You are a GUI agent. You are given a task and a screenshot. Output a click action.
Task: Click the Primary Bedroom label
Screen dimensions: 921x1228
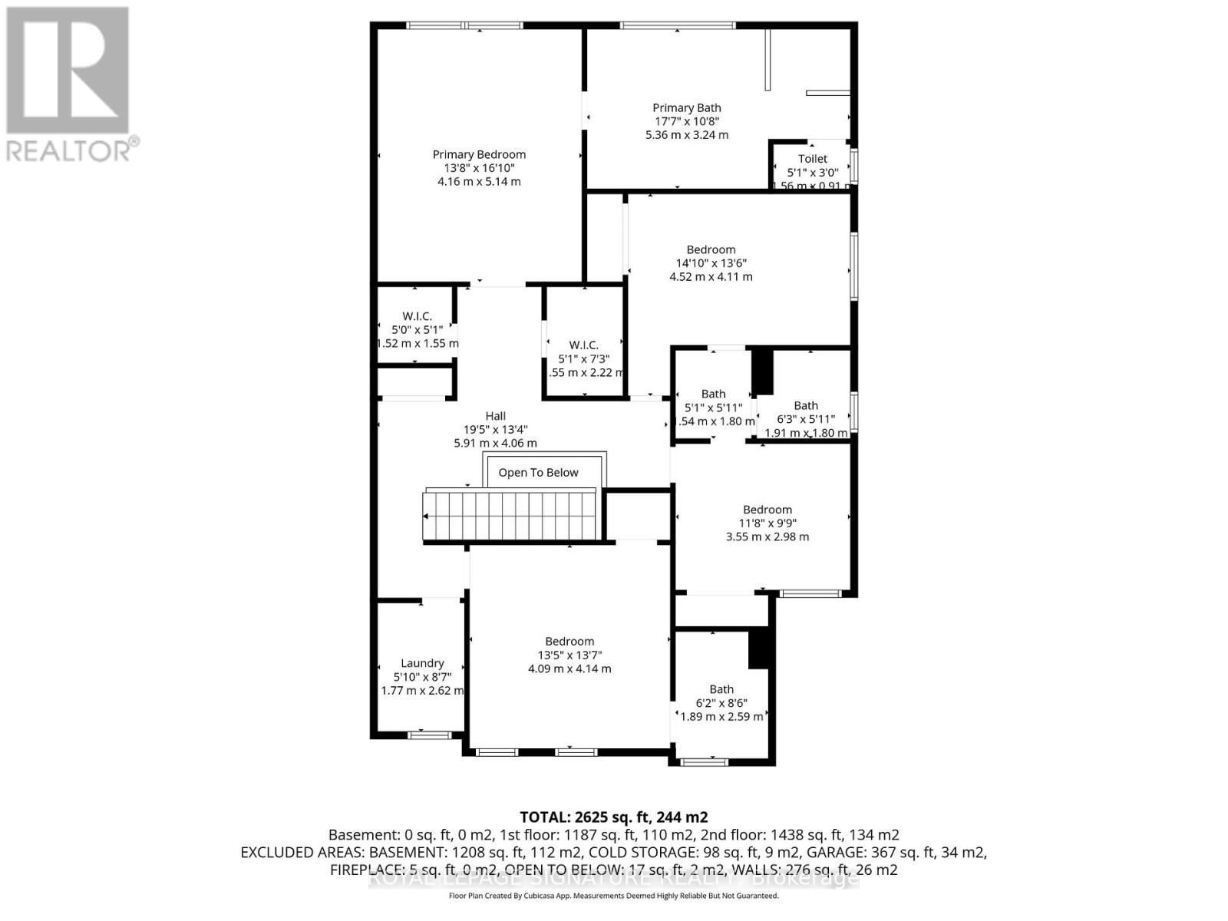[x=479, y=154]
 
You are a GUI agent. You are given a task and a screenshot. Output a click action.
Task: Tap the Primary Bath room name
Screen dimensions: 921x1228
[x=686, y=108]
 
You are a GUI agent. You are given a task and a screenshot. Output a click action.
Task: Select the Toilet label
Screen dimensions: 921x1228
[x=812, y=159]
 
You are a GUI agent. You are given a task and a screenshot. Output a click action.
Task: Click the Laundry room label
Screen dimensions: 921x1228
[x=422, y=663]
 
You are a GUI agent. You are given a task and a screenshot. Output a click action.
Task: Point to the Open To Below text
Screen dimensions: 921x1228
[x=538, y=473]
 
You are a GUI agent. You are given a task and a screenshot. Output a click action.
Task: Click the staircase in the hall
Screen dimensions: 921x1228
[x=510, y=516]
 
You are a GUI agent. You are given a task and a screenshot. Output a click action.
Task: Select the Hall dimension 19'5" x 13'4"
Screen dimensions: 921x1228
[x=495, y=430]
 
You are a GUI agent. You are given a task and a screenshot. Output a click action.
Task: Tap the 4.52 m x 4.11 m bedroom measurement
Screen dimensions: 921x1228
[x=711, y=276]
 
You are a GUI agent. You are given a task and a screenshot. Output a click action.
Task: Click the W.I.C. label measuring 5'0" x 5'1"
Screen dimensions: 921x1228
[x=417, y=316]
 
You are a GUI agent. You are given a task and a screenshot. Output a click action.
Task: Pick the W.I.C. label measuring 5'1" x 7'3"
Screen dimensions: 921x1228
[x=584, y=345]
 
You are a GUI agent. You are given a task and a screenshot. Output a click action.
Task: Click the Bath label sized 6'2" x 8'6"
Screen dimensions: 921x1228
[x=721, y=689]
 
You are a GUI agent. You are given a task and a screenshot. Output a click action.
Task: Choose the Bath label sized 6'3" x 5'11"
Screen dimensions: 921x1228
[x=805, y=405]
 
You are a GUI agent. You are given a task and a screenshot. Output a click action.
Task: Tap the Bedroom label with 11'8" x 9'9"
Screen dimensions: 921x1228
[x=767, y=510]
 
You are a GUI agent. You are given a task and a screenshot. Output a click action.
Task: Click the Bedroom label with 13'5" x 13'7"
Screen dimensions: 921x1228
[x=569, y=642]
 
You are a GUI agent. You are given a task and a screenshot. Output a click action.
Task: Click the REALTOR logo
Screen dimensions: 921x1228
[x=69, y=84]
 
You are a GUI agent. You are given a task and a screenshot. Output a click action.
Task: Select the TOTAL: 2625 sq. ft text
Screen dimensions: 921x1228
[x=613, y=817]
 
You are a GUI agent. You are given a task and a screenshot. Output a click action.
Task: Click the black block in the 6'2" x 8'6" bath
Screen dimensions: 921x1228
[x=759, y=648]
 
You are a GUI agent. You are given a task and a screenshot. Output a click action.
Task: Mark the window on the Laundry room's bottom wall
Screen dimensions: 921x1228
[x=429, y=735]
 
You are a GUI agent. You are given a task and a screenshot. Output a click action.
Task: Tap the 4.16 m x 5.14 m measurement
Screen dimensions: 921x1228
[x=479, y=182]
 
